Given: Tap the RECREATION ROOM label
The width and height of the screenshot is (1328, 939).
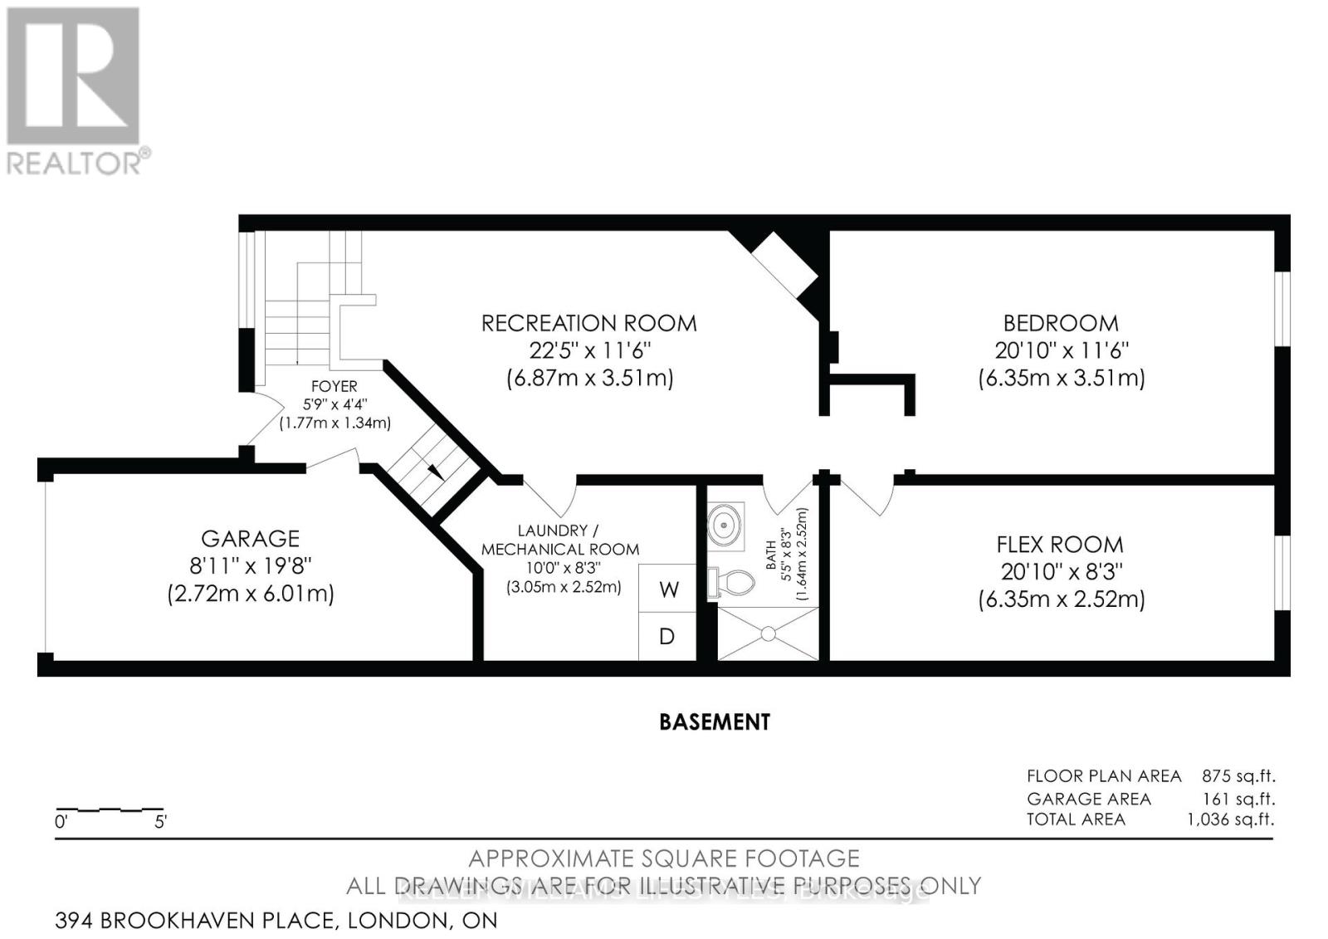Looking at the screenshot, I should (x=588, y=323).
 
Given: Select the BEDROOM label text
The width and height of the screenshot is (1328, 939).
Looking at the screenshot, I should (x=1060, y=323).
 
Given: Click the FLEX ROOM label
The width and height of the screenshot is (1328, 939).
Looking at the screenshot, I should (x=1060, y=545).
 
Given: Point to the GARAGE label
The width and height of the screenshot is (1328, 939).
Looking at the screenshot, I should (x=250, y=539).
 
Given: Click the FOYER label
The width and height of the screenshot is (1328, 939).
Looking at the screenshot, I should (x=334, y=386).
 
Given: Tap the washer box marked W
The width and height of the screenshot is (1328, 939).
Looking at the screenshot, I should (x=668, y=589).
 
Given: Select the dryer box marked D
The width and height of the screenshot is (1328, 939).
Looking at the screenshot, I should (x=666, y=637).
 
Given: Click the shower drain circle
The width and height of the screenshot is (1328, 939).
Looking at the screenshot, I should (x=768, y=633).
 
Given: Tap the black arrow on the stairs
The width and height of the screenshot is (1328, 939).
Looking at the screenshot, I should (x=434, y=471).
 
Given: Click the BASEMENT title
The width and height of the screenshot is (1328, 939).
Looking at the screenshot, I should (x=714, y=722).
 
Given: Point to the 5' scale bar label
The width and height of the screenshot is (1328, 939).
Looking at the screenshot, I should (x=161, y=823).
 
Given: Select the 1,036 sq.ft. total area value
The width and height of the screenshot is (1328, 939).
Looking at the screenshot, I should (x=1231, y=819).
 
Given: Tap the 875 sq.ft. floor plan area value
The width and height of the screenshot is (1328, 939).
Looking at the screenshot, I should (x=1238, y=776).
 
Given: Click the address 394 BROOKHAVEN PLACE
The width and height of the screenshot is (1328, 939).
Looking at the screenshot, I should (x=196, y=920).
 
